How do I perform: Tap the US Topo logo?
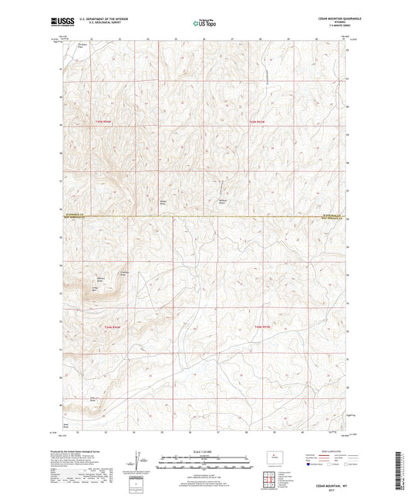(204, 24)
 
